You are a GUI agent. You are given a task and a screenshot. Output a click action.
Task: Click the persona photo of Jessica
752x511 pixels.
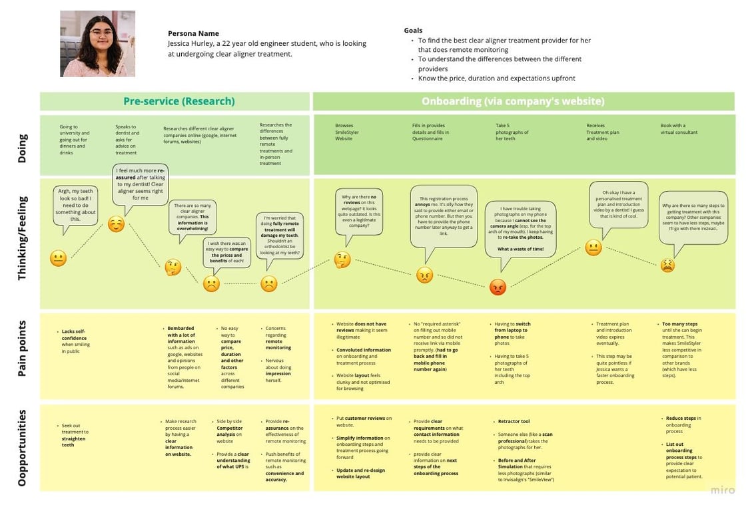click(x=97, y=43)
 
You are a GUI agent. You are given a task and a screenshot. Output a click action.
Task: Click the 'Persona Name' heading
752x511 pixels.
click(x=193, y=33)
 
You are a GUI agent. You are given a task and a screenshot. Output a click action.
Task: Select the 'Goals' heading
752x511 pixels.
click(x=413, y=31)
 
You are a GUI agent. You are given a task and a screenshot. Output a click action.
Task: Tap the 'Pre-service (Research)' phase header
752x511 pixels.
click(x=179, y=101)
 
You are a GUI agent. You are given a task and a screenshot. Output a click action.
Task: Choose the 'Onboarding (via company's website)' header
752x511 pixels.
click(x=513, y=101)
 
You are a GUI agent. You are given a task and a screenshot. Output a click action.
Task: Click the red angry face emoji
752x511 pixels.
click(x=498, y=287)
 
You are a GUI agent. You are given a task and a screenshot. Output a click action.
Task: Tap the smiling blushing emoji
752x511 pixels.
click(x=117, y=224)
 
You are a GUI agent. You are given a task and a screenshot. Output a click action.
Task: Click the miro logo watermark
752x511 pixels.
click(x=722, y=490)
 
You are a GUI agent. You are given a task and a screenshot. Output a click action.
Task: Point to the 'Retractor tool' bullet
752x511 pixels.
click(x=514, y=422)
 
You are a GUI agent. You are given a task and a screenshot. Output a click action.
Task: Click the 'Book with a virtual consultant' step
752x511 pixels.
click(x=679, y=128)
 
